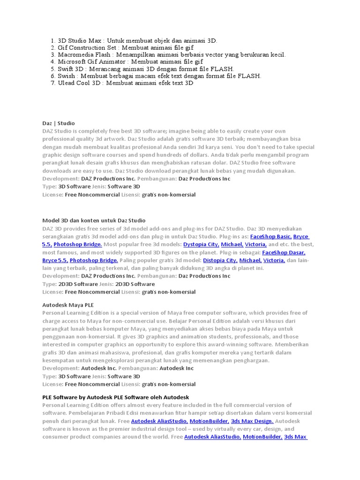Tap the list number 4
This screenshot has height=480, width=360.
53,62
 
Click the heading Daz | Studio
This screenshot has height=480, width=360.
58,123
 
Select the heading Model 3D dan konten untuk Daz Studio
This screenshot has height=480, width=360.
94,220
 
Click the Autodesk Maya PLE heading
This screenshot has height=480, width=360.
68,305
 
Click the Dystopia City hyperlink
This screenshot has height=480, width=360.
201,245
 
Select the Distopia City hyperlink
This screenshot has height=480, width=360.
220,260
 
